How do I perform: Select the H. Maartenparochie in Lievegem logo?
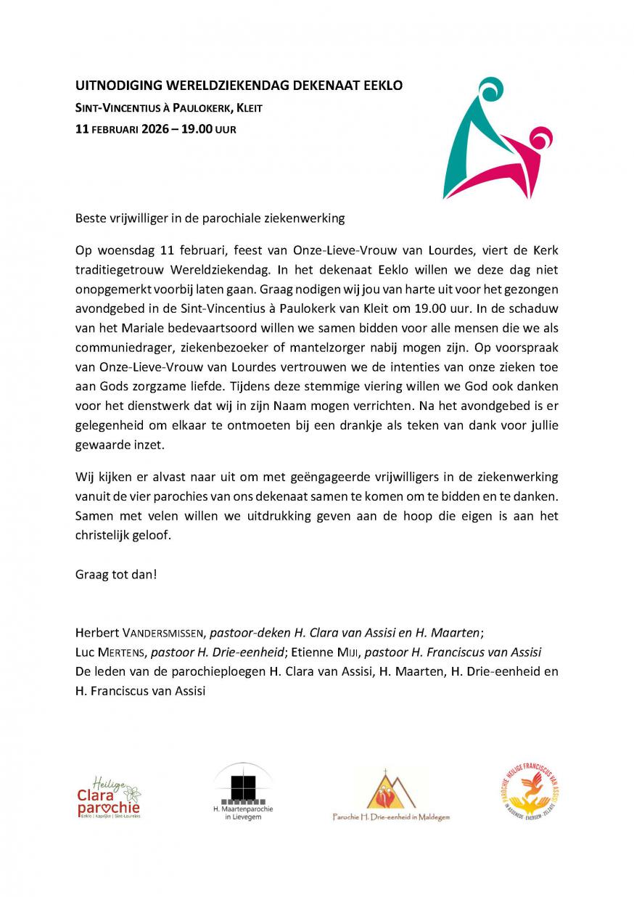click(x=243, y=792)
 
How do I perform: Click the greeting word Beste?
click(x=91, y=217)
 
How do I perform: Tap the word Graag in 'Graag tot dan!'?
click(x=91, y=574)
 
